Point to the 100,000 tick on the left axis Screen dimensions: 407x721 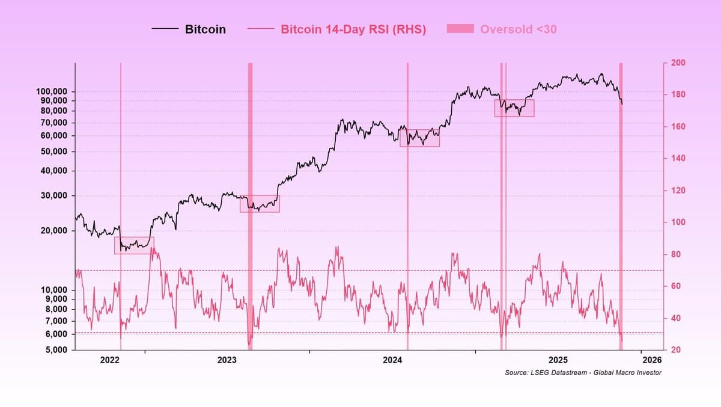(53, 91)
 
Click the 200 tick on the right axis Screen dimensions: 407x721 (679, 63)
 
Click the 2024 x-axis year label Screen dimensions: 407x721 (392, 361)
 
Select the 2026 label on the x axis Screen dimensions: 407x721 (652, 361)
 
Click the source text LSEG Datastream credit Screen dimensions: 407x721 (583, 373)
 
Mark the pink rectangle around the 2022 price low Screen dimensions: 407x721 (134, 245)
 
